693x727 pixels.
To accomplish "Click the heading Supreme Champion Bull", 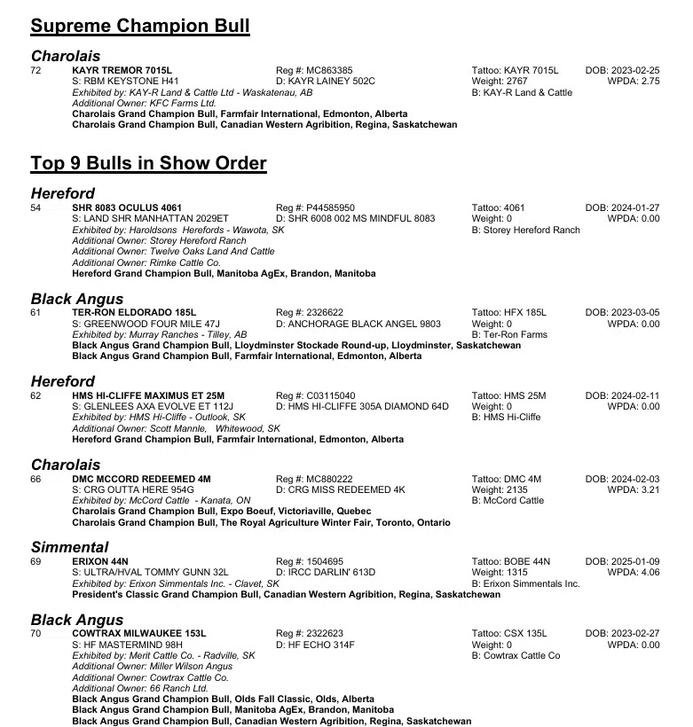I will click(x=140, y=27).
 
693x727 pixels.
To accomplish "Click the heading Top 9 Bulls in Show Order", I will click(x=148, y=163).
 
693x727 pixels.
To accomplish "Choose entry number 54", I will click(x=36, y=207).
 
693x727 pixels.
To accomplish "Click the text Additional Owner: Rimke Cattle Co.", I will click(x=146, y=262).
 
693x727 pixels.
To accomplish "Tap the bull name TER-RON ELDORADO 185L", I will click(x=134, y=313).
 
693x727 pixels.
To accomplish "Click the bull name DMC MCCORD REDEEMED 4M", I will click(x=141, y=479).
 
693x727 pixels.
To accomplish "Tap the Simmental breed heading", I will click(x=70, y=547).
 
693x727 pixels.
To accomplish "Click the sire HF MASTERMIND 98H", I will click(x=127, y=645).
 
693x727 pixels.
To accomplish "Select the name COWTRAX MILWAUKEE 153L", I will click(x=138, y=633).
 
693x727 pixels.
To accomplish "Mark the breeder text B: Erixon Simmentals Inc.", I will click(x=525, y=584).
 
